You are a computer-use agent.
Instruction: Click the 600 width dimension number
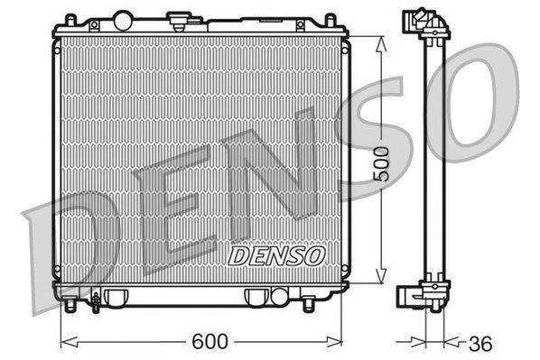[x=209, y=343]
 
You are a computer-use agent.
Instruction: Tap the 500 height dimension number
[x=382, y=162]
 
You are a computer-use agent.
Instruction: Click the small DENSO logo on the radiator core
[x=276, y=255]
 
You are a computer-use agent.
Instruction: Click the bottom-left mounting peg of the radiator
[x=69, y=305]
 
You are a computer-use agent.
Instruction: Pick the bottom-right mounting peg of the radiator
[x=308, y=305]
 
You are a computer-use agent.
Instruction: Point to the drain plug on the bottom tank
[x=95, y=300]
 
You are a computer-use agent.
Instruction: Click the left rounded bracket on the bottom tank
[x=114, y=296]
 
